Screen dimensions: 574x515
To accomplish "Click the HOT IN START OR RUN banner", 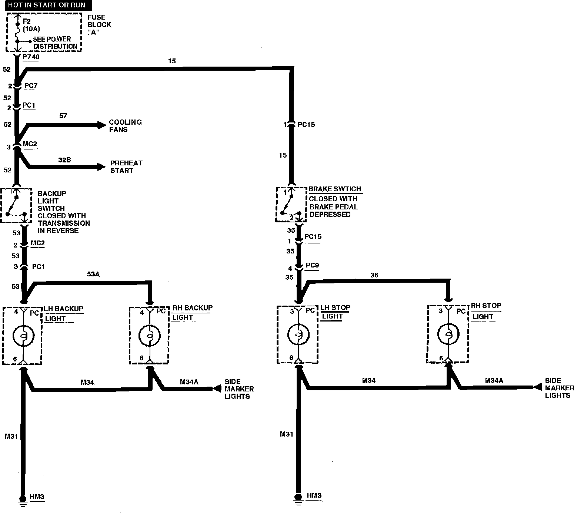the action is [48, 5].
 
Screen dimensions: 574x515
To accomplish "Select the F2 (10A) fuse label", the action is [31, 25].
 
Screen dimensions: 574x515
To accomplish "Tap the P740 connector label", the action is [31, 57].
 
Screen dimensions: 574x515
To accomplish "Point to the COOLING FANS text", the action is [125, 126].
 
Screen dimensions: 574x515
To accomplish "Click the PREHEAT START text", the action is [126, 167].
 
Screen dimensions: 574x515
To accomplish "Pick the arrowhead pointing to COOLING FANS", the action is [101, 125].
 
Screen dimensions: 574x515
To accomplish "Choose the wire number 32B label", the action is [64, 160].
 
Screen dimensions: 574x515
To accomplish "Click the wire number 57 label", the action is [63, 115].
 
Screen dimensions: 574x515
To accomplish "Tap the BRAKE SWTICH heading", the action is [335, 189].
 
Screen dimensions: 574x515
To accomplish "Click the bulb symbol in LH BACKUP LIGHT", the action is [23, 336].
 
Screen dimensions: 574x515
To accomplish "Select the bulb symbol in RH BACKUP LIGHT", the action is [150, 336].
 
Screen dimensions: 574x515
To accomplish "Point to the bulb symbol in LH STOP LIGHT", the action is [298, 335].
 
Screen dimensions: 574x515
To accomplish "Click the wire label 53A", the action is [93, 274].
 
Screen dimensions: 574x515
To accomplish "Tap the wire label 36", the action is [374, 275].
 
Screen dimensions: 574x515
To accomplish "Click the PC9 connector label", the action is [313, 265].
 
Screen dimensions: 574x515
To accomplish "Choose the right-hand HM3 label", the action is [314, 495].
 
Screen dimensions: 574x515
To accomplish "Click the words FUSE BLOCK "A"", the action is [99, 25].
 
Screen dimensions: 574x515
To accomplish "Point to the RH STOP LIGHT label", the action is [486, 311].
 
